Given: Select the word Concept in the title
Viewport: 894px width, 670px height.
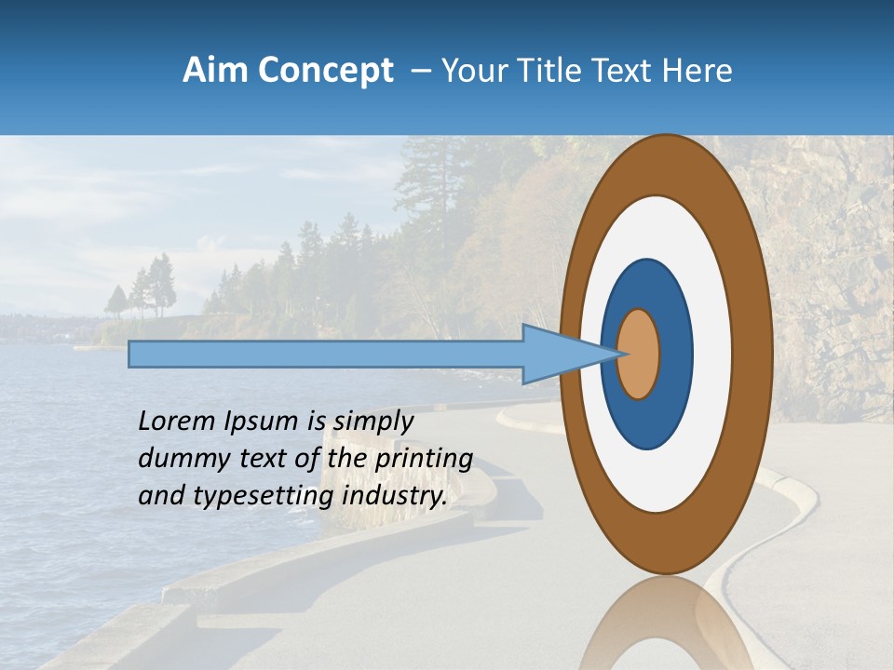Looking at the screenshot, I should pos(324,71).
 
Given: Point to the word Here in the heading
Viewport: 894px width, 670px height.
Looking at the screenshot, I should pos(698,71).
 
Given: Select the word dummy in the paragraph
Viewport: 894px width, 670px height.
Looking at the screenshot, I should pos(176,459).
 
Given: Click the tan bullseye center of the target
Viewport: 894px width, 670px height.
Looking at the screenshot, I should pos(639,355).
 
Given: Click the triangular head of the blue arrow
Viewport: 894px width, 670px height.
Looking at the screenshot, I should pos(559,355).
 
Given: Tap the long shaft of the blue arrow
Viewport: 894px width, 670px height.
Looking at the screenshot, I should pos(326,355).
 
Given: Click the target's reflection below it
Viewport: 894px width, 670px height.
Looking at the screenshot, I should pos(666,623).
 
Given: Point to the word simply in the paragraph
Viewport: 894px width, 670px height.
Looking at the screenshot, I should pos(373,422).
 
